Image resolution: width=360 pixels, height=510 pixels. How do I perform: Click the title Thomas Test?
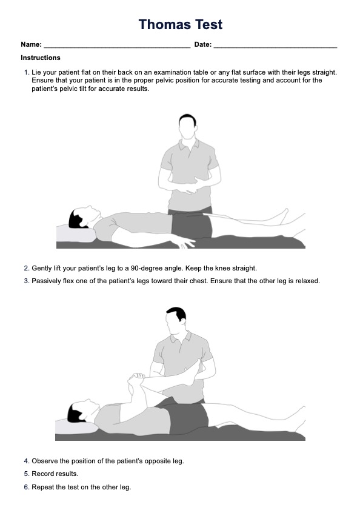tap(181, 24)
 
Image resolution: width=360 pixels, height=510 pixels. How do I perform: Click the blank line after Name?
tap(117, 47)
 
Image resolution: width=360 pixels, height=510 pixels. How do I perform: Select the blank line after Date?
tap(275, 47)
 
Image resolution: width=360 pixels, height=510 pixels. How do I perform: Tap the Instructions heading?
tap(41, 58)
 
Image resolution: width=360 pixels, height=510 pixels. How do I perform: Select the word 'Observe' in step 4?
tap(45, 461)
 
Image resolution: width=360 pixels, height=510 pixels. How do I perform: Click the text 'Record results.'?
tap(55, 474)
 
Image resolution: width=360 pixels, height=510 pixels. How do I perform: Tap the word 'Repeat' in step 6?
tap(42, 487)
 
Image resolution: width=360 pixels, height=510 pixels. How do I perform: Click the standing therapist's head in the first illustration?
tap(188, 126)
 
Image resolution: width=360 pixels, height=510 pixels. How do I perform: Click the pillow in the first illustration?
tap(76, 233)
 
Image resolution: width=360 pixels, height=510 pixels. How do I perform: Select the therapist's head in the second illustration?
tap(176, 321)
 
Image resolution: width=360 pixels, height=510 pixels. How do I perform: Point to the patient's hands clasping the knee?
tap(136, 380)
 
